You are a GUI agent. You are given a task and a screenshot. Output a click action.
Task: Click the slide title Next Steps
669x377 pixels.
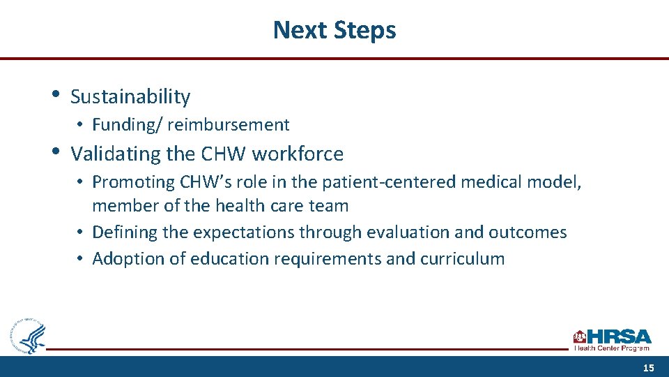click(334, 30)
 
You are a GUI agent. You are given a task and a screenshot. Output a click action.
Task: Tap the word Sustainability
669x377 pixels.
click(130, 97)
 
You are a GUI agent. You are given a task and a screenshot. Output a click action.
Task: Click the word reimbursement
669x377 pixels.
click(228, 125)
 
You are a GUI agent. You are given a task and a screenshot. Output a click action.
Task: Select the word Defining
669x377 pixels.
click(125, 232)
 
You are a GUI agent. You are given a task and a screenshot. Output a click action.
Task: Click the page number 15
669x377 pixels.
click(648, 368)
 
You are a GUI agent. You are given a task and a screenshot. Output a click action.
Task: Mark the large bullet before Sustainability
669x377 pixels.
click(55, 94)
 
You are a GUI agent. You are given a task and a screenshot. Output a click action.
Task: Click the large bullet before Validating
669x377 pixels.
click(55, 151)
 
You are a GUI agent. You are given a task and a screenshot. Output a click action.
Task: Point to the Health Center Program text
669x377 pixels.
click(612, 348)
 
